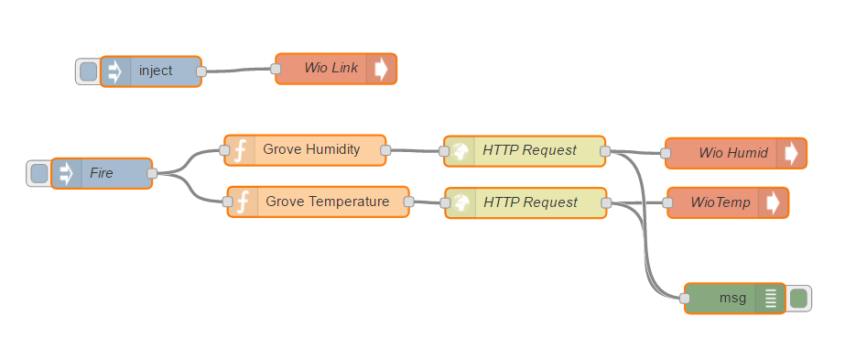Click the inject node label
coord(156,71)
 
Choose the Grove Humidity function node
coord(311,149)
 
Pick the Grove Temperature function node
coord(327,201)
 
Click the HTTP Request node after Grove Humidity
coord(529,150)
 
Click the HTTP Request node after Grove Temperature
coord(530,202)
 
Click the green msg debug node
coord(731,298)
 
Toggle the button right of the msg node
coord(798,298)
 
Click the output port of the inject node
coord(201,71)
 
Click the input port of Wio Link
coord(276,69)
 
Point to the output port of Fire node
coord(152,172)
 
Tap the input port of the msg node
coord(685,298)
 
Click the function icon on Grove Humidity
coord(240,149)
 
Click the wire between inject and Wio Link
coord(238,70)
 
